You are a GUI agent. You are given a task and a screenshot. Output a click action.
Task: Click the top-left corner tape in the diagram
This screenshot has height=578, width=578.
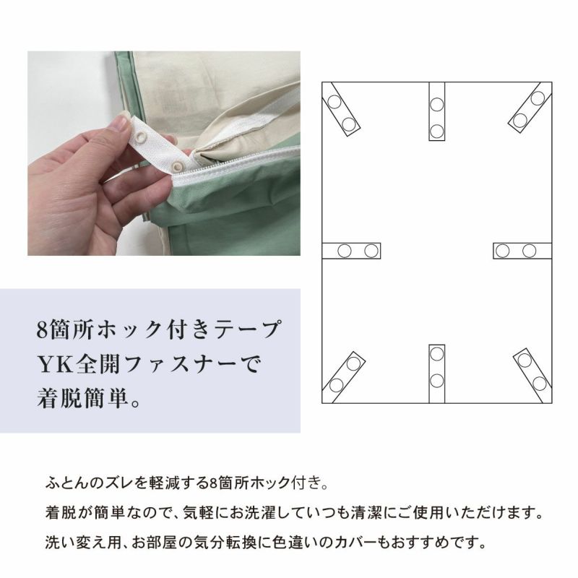coord(341,110)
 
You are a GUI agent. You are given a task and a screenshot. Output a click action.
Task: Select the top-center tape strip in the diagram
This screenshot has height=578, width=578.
coord(437,111)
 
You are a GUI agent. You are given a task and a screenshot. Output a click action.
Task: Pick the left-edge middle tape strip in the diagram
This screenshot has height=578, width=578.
coord(351,251)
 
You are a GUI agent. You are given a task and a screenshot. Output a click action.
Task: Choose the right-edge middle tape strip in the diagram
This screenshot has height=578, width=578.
coord(522,251)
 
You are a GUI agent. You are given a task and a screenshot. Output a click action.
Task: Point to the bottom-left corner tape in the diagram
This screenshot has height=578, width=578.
coord(344,377)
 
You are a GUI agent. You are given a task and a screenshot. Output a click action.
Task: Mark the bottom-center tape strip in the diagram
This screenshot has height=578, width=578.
coord(437,374)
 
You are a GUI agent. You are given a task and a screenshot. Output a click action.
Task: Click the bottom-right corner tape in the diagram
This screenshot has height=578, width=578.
coord(532,376)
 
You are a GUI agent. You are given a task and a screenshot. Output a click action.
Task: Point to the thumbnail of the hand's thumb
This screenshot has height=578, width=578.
coord(121,123)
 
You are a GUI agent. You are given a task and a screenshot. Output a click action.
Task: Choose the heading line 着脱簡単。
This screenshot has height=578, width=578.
coord(89,399)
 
